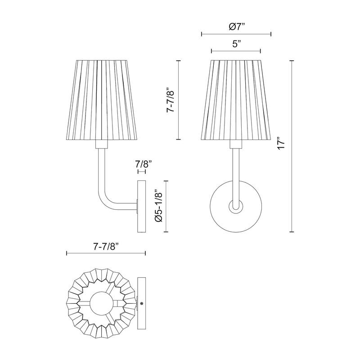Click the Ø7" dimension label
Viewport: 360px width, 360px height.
236,27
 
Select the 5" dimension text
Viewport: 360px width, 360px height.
236,44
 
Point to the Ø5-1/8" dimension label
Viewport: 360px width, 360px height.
158,207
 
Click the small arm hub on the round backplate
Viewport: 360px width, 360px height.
235,207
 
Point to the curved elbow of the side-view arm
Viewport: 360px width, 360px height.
104,201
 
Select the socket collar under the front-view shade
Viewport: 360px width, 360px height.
235,144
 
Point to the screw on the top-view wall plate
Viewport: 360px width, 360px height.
142,304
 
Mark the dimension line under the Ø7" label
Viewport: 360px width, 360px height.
236,34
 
